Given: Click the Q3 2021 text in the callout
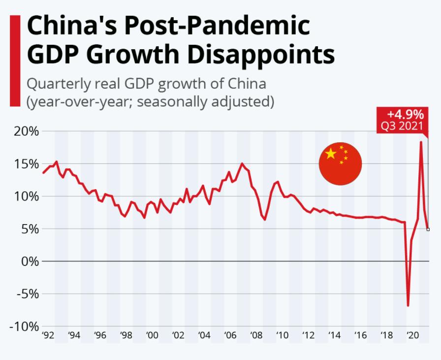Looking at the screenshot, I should pos(402,126).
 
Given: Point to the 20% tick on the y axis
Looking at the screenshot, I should pos(26,131).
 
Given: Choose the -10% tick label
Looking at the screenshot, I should pos(23,327).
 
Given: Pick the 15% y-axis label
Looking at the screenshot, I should pos(26,164).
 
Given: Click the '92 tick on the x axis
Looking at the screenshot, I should pos(48,335).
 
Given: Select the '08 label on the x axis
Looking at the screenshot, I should pos(256,335).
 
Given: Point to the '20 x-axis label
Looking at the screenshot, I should pos(411,335).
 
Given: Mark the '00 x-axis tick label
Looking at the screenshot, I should pos(152,335).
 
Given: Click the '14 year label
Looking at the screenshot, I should pos(334,335).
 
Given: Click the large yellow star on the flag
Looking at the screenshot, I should pos(331,154).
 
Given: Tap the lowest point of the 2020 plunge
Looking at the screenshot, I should pos(408,305).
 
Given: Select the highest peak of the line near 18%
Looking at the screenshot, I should pos(421,142).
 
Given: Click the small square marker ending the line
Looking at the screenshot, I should pos(428,229).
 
